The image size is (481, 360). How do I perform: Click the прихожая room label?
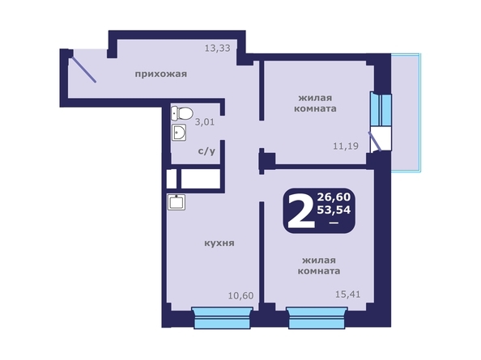161,74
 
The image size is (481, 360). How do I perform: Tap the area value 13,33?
217,49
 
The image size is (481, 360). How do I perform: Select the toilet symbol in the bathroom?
181,114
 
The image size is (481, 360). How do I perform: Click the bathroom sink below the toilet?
179,133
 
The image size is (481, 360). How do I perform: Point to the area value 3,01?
206,123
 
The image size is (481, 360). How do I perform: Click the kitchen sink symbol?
173,202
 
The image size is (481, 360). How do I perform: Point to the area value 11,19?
346,146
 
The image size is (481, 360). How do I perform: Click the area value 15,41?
348,295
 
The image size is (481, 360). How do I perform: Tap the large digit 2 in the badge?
300,211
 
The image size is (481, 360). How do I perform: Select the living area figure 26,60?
334,197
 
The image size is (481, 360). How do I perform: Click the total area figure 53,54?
334,212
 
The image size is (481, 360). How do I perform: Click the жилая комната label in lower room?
320,265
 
